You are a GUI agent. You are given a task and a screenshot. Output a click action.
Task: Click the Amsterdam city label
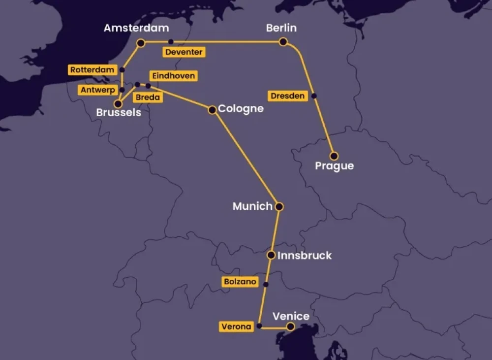tap(136, 28)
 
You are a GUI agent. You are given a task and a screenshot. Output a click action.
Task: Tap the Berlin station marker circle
tap(283, 42)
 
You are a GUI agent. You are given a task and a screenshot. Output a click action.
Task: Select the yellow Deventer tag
tap(184, 52)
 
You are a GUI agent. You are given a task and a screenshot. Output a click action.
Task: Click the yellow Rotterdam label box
tap(92, 70)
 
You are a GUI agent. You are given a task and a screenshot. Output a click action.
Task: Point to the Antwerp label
tap(97, 90)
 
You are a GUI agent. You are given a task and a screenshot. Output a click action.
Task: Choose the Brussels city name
tap(119, 113)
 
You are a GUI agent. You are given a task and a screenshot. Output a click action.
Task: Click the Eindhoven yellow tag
tap(173, 76)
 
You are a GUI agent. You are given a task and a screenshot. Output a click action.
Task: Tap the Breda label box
tap(148, 98)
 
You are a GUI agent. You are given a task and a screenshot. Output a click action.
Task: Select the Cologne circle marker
tap(212, 110)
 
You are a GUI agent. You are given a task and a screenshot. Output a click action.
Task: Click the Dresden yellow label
tap(288, 96)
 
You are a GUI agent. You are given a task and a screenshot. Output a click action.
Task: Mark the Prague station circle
tap(334, 156)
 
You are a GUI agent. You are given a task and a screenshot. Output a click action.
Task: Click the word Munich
tap(252, 206)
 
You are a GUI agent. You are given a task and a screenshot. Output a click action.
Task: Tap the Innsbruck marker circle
tap(271, 255)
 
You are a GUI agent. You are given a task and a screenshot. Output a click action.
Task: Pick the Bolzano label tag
tap(240, 282)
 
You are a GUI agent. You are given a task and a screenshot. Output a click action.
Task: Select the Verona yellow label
tap(236, 327)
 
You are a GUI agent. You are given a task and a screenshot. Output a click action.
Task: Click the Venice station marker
tap(290, 327)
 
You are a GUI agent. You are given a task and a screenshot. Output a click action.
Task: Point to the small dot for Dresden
tap(314, 96)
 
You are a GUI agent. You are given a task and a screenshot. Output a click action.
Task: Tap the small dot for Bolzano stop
tap(266, 284)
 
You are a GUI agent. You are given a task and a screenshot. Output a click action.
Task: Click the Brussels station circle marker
tap(118, 104)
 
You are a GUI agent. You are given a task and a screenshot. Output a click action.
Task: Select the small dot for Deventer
tap(171, 42)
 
